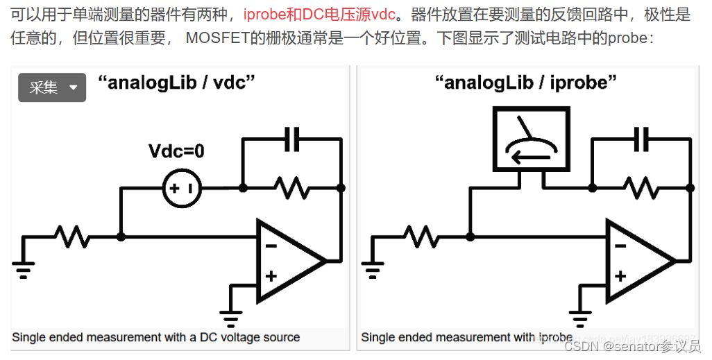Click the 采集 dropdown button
click(x=52, y=87)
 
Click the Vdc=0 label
click(x=177, y=151)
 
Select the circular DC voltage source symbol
click(x=183, y=188)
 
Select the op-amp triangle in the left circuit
click(x=287, y=261)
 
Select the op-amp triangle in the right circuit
click(x=636, y=261)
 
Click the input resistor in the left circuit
click(x=72, y=237)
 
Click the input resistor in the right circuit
click(x=421, y=237)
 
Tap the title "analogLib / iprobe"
click(x=525, y=83)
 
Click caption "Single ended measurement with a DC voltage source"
click(x=157, y=338)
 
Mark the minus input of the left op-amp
click(x=271, y=245)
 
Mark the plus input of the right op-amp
click(x=621, y=276)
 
